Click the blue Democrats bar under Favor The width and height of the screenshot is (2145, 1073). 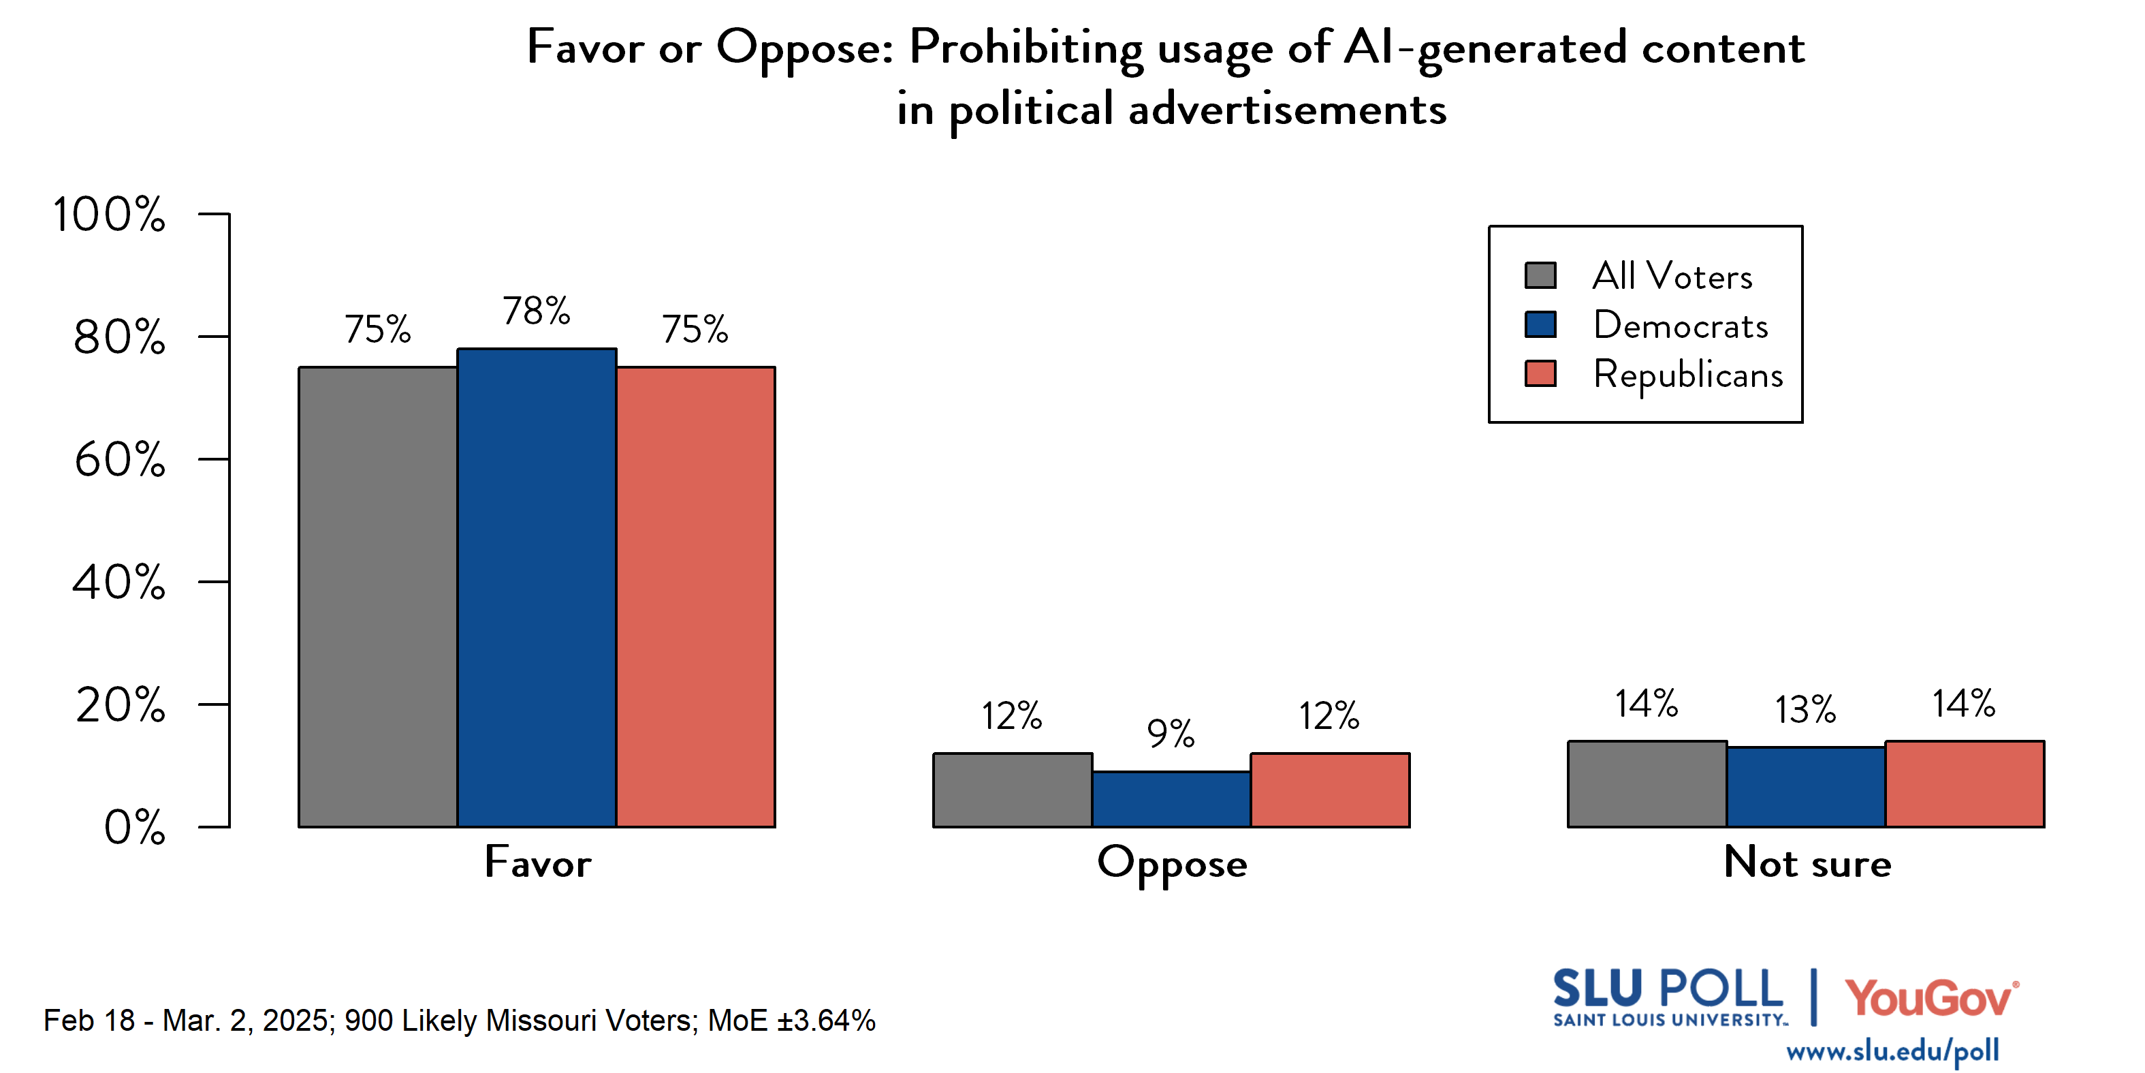pos(537,587)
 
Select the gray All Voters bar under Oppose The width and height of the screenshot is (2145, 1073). pos(1012,790)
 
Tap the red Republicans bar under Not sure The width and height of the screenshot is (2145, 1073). pos(1965,784)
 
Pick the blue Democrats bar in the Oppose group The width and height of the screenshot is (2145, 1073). pos(1171,799)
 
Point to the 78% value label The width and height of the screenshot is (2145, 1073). pos(537,311)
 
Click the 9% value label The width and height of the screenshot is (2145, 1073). pos(1170,733)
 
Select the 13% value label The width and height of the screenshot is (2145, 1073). pos(1805,710)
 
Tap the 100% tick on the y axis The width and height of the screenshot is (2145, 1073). pos(109,215)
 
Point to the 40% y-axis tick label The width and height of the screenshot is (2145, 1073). pos(118,582)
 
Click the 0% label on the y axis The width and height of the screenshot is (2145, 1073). pos(134,827)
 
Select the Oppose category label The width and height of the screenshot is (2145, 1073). pos(1172,864)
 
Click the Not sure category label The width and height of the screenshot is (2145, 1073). pos(1807,862)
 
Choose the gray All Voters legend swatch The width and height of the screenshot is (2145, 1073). pos(1540,276)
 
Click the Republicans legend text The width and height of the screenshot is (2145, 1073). pos(1688,375)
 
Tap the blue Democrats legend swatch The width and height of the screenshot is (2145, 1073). pos(1540,325)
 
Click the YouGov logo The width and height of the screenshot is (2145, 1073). pos(1931,998)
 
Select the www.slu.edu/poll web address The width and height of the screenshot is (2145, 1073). pos(1892,1051)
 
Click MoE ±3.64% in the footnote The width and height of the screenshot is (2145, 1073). pos(791,1021)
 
